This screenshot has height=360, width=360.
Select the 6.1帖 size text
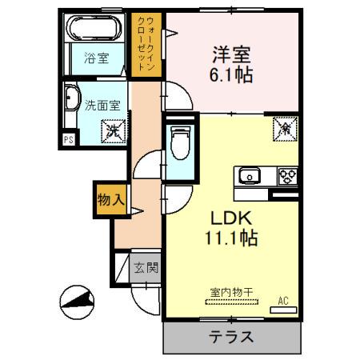tap(231, 76)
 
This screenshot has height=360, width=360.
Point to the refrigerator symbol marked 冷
tap(284, 126)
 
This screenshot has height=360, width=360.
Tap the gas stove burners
tap(287, 174)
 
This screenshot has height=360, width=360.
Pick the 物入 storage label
tap(110, 200)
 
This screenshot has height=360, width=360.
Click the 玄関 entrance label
tap(145, 267)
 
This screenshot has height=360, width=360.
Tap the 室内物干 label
tap(232, 293)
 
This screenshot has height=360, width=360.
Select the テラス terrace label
tap(232, 337)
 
